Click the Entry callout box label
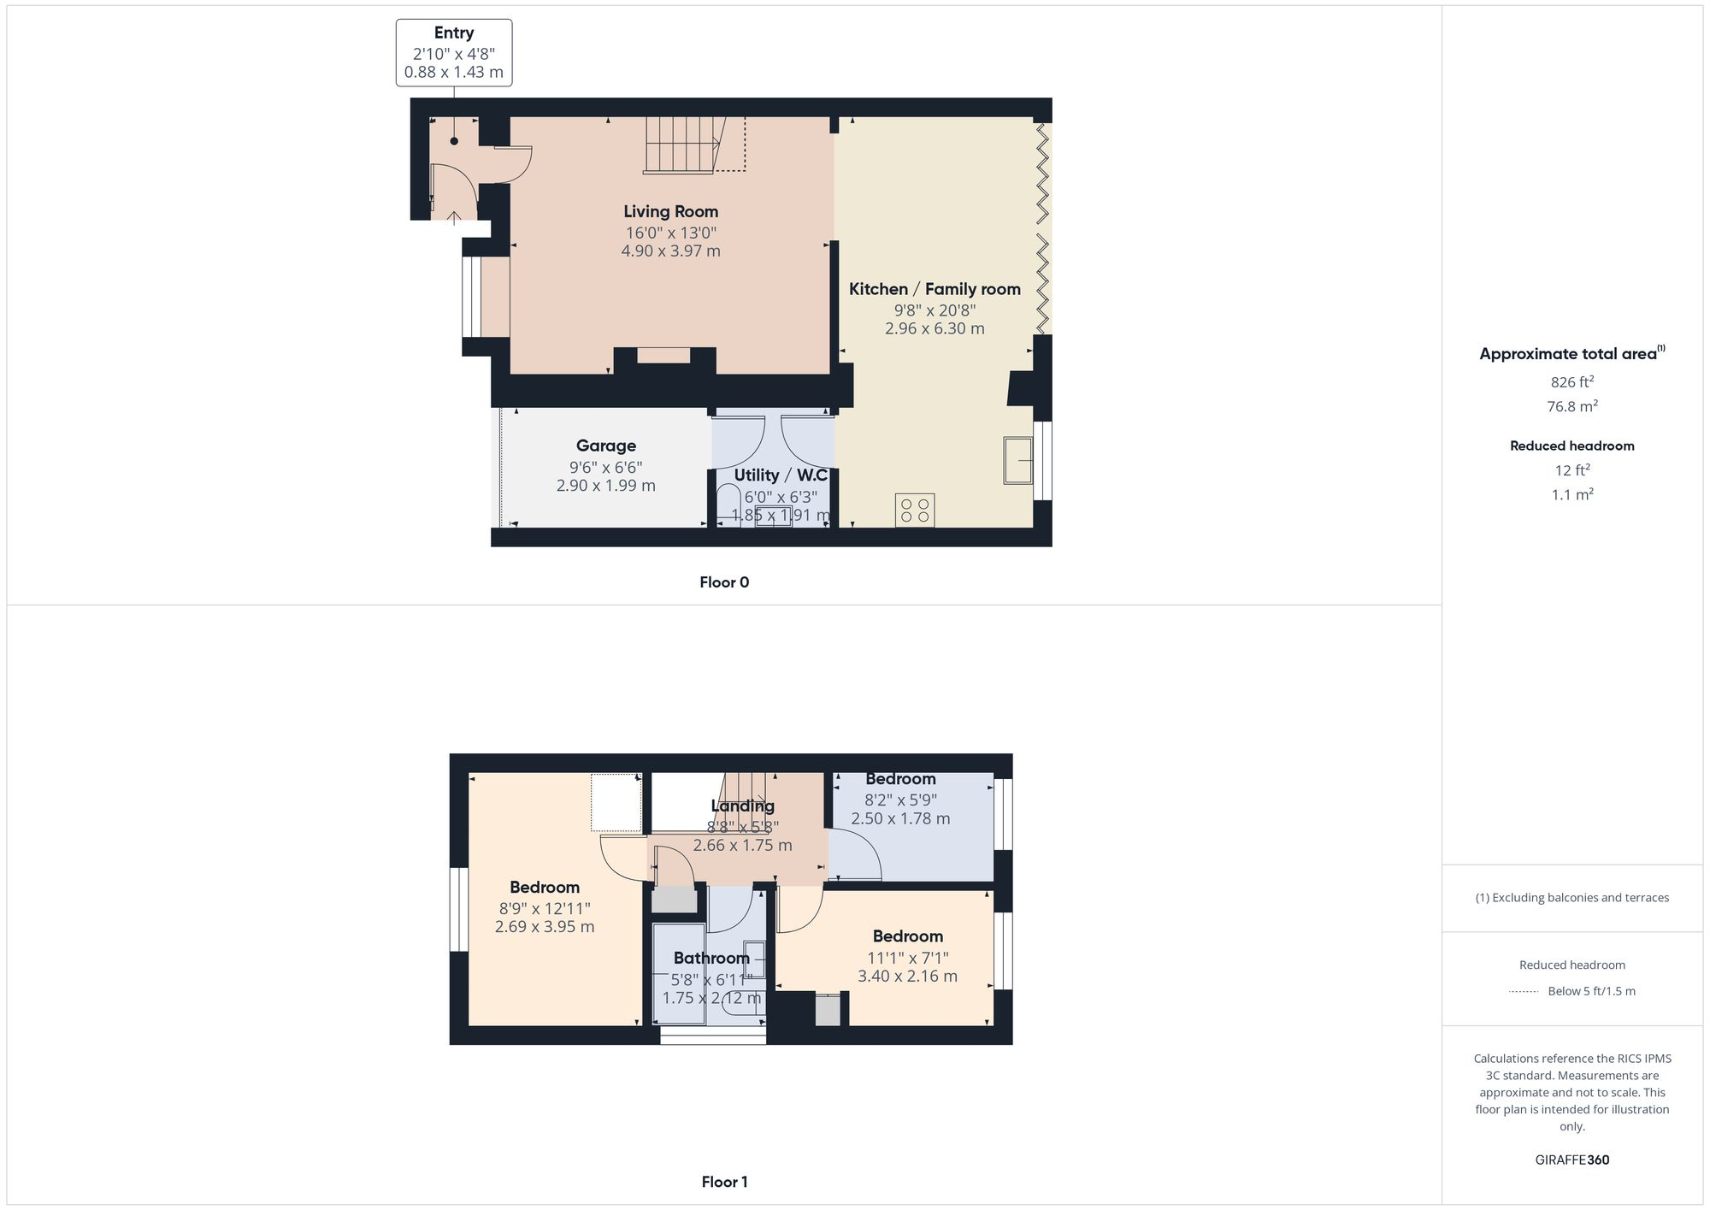click(x=453, y=32)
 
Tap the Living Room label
click(x=670, y=211)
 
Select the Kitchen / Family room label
click(x=935, y=289)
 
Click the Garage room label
click(x=605, y=446)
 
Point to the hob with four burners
click(x=915, y=511)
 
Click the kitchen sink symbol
click(x=1018, y=460)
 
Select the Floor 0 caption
click(x=724, y=582)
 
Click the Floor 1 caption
click(x=724, y=1182)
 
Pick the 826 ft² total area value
click(x=1571, y=382)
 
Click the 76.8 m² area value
click(x=1571, y=406)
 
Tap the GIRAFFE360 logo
click(x=1571, y=1160)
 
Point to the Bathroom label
click(x=711, y=958)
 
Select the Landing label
click(x=742, y=806)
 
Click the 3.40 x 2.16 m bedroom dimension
click(x=907, y=976)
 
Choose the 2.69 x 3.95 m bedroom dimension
click(x=545, y=926)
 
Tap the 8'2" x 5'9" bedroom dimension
click(x=900, y=800)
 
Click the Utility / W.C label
click(x=780, y=475)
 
